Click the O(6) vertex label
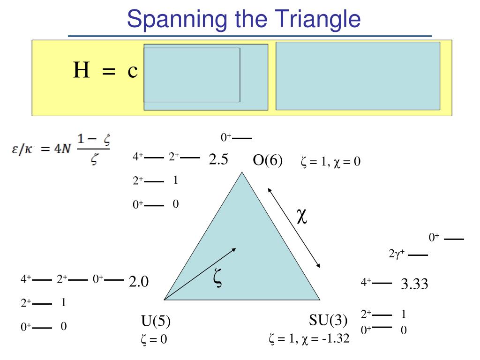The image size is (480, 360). pyautogui.click(x=268, y=161)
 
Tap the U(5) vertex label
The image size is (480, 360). pyautogui.click(x=156, y=321)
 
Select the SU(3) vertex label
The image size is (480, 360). pyautogui.click(x=328, y=320)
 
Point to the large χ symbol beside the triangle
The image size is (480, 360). pyautogui.click(x=302, y=217)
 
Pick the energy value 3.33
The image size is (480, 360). pyautogui.click(x=414, y=284)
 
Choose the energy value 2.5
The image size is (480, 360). pyautogui.click(x=218, y=160)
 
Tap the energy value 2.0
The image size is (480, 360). pyautogui.click(x=139, y=281)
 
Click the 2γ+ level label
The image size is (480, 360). pyautogui.click(x=396, y=255)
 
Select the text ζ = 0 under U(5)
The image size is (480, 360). pyautogui.click(x=154, y=339)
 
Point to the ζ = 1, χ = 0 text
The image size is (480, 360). pyautogui.click(x=330, y=163)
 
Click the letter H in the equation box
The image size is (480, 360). pyautogui.click(x=82, y=71)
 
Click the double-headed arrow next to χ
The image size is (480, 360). pyautogui.click(x=294, y=228)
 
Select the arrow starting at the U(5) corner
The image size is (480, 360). pyautogui.click(x=201, y=273)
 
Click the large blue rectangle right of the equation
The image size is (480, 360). pyautogui.click(x=358, y=76)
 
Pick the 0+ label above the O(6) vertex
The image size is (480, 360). pyautogui.click(x=226, y=138)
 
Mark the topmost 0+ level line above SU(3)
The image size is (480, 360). pyautogui.click(x=454, y=239)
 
